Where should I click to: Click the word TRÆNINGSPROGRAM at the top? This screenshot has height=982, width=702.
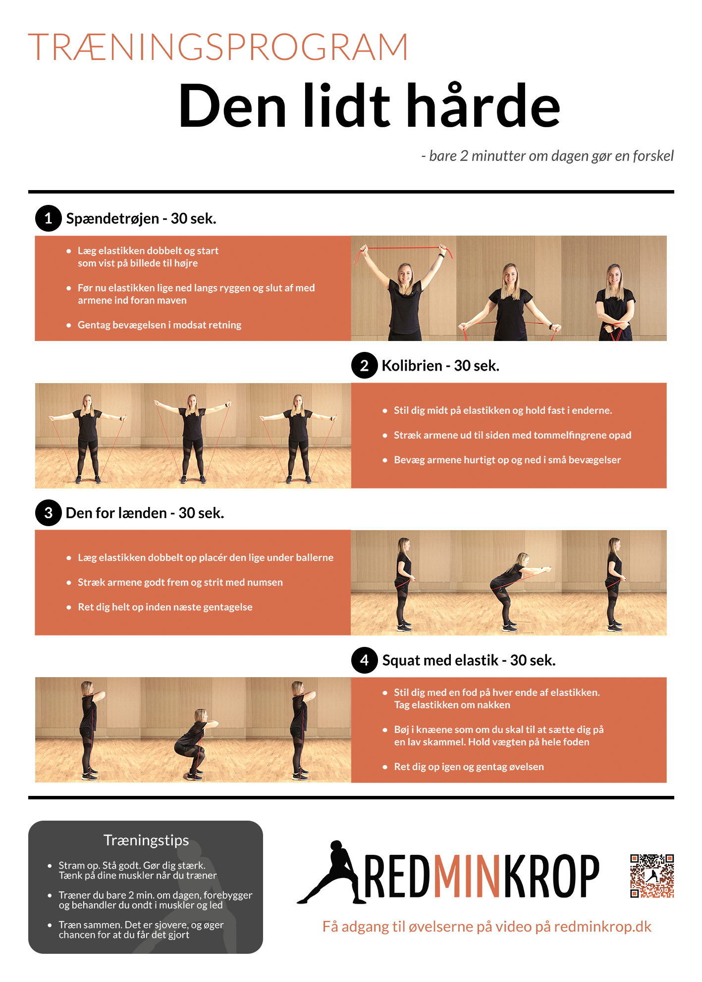[218, 48]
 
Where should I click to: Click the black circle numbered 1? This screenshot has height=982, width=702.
[48, 218]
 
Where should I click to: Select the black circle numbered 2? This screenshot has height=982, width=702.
[364, 365]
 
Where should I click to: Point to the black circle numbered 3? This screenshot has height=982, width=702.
[48, 513]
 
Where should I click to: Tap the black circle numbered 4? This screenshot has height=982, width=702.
[364, 660]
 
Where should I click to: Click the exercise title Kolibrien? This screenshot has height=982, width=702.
[412, 366]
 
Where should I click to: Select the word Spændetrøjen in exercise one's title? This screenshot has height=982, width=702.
[112, 219]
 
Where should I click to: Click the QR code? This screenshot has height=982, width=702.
[652, 876]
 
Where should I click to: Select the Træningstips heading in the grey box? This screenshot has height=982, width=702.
[146, 840]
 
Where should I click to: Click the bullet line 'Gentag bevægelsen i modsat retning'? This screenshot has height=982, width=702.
[159, 325]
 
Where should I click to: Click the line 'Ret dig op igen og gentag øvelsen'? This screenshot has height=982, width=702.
[469, 767]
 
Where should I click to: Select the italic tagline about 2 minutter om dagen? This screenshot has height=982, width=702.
[547, 156]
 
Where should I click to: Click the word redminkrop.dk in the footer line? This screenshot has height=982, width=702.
[602, 927]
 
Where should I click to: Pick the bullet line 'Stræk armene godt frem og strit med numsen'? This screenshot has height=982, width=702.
[180, 583]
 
